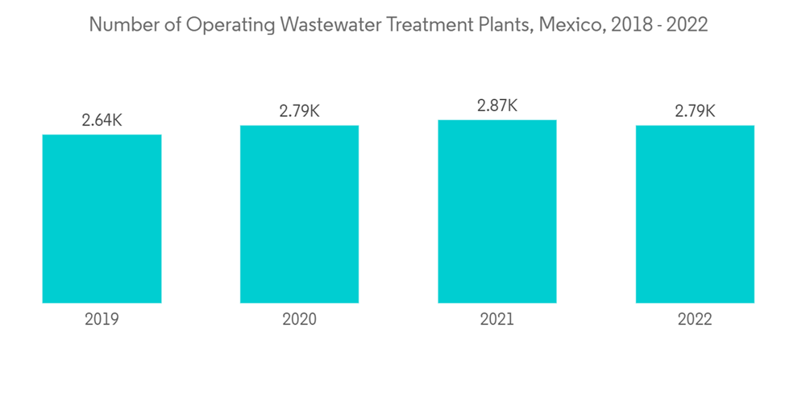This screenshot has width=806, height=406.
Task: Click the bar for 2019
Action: [102, 218]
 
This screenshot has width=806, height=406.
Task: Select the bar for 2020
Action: [299, 214]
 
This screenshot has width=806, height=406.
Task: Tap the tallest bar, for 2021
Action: [497, 211]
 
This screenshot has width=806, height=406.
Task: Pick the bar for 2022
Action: [695, 214]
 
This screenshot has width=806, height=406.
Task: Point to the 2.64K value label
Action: [102, 121]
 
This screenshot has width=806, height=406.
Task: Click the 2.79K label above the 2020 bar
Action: [299, 112]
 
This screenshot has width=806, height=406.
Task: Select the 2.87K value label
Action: [497, 106]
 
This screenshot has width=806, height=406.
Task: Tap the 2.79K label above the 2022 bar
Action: [695, 112]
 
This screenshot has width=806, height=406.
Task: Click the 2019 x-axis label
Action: [102, 320]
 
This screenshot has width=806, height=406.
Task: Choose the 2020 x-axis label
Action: [299, 320]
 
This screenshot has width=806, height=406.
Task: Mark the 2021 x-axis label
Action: [497, 320]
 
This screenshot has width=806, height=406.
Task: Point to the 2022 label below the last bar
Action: [695, 320]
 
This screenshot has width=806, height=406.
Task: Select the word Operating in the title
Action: [227, 25]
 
